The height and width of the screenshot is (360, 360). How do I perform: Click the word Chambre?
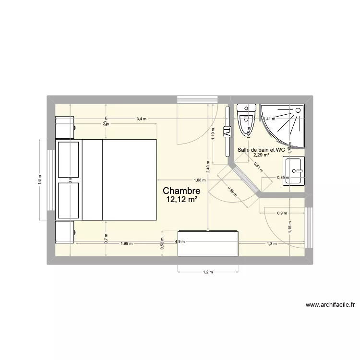181,191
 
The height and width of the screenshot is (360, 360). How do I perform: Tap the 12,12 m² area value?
181,200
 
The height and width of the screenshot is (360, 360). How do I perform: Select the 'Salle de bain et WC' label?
262,150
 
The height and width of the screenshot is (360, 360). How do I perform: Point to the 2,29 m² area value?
261,155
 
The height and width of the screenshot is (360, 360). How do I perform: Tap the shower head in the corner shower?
298,111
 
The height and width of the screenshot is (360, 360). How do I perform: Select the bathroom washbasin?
294,170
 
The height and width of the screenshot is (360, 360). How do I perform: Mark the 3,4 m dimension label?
141,119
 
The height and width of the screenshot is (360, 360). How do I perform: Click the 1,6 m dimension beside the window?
40,179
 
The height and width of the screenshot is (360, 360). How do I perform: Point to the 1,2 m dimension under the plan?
207,273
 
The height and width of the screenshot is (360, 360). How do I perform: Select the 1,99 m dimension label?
126,244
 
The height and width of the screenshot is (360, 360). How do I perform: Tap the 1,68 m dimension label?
200,180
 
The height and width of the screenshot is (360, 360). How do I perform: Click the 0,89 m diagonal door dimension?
232,191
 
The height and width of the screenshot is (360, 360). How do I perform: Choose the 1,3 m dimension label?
272,244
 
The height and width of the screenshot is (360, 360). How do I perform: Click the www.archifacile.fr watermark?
330,304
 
